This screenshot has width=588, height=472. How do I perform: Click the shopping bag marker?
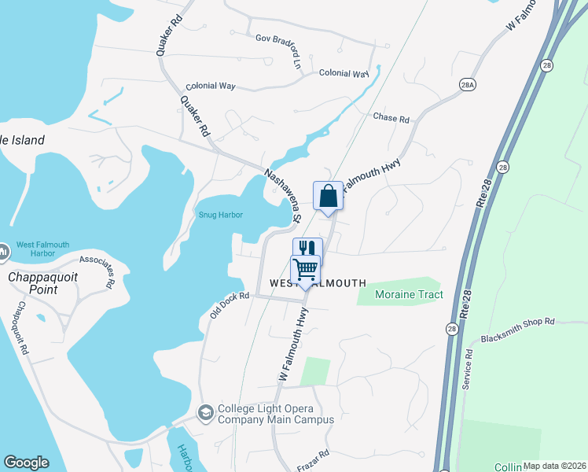(x=328, y=196)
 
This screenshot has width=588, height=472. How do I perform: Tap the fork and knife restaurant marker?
(x=307, y=249)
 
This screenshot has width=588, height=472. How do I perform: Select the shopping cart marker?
(x=305, y=269)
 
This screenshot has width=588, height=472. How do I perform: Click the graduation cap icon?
(x=205, y=413)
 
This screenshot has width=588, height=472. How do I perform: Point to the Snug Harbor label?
(x=220, y=215)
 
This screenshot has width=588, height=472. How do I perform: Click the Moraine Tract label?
(x=409, y=294)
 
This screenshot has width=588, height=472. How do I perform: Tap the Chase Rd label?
(x=391, y=119)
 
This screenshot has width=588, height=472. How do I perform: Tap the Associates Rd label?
(x=97, y=268)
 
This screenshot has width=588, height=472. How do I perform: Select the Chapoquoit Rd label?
(x=19, y=330)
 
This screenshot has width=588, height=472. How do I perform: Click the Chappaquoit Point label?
(x=33, y=283)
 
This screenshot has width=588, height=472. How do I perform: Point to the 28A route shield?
(x=469, y=83)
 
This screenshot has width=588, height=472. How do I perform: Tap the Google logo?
(x=26, y=463)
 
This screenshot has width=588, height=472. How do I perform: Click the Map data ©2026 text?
(x=553, y=466)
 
